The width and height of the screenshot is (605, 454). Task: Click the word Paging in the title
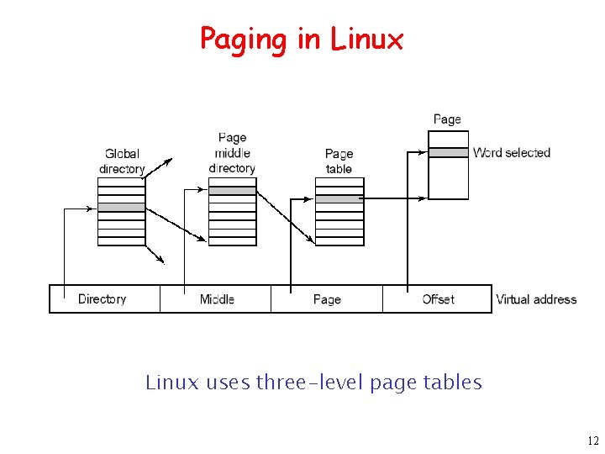pyautogui.click(x=240, y=40)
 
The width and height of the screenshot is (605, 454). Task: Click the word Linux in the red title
pyautogui.click(x=367, y=39)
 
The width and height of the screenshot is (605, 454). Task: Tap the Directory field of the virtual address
pyautogui.click(x=103, y=299)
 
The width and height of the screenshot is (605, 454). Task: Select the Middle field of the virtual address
pyautogui.click(x=217, y=299)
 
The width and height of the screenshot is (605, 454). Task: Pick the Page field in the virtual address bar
pyautogui.click(x=327, y=299)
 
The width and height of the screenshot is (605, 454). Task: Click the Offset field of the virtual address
pyautogui.click(x=438, y=299)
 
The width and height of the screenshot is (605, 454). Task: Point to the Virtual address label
pyautogui.click(x=536, y=299)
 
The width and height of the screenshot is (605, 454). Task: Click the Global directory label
pyautogui.click(x=122, y=161)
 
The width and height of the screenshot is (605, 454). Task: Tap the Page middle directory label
pyautogui.click(x=232, y=153)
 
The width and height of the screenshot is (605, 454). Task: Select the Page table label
pyautogui.click(x=339, y=161)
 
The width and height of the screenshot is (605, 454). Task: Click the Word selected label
pyautogui.click(x=512, y=153)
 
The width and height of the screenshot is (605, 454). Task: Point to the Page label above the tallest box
pyautogui.click(x=447, y=119)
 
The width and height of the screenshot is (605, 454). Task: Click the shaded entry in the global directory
pyautogui.click(x=122, y=207)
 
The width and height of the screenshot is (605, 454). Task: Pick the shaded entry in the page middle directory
pyautogui.click(x=232, y=191)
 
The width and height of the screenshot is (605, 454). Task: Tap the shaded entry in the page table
pyautogui.click(x=339, y=199)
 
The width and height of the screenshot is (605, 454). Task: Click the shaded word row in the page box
pyautogui.click(x=448, y=153)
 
